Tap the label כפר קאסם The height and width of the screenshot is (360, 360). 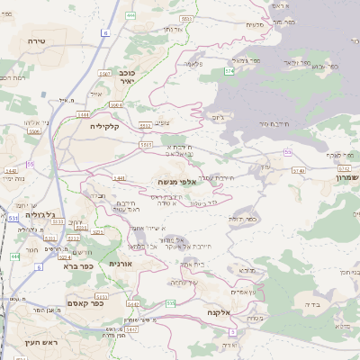(x=85, y=302)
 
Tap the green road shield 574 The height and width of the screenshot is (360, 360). (x=229, y=69)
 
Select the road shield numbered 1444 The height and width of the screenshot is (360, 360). (x=84, y=114)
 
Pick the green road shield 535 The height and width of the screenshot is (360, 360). (x=171, y=303)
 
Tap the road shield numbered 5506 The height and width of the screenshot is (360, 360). (x=34, y=131)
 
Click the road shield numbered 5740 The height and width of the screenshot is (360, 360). (x=299, y=169)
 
